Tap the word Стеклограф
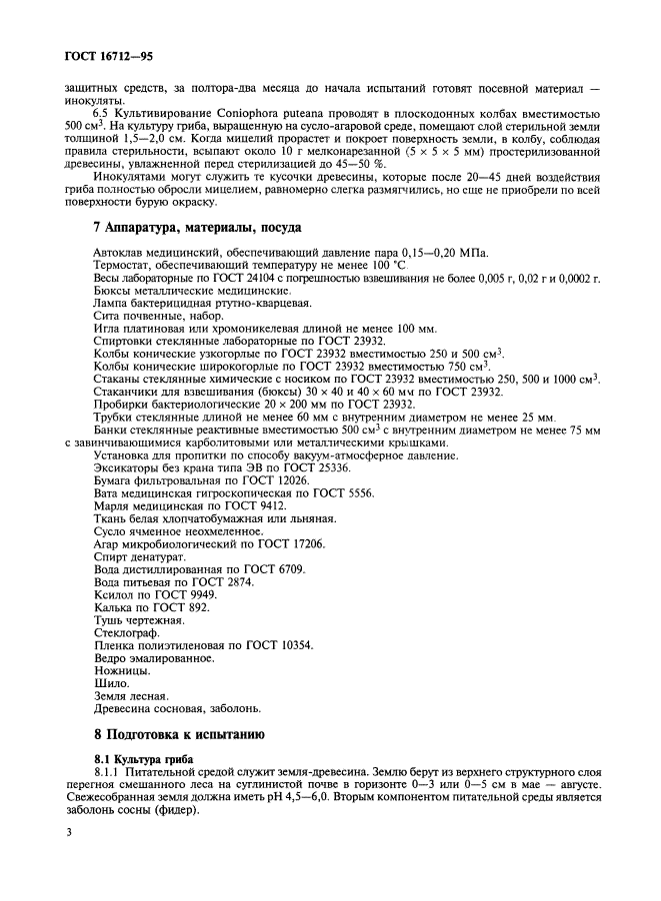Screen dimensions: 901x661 (125, 632)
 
